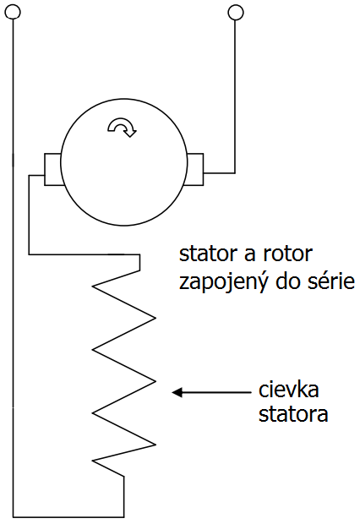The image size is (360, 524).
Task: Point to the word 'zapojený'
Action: [223, 283]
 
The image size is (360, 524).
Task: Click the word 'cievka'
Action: [289, 390]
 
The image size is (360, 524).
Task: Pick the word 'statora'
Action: [293, 415]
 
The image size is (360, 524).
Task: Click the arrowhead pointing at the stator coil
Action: [177, 392]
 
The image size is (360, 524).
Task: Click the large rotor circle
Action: [61, 161]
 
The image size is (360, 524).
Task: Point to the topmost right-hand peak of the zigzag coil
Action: [155, 318]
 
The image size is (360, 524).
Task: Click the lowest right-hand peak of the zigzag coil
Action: [155, 445]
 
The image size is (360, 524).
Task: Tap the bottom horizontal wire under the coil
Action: [68, 517]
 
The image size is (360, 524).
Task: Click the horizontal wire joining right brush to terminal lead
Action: [219, 173]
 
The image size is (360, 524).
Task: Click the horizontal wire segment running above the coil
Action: [85, 254]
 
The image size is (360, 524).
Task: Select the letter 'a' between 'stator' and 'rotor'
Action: [250, 255]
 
